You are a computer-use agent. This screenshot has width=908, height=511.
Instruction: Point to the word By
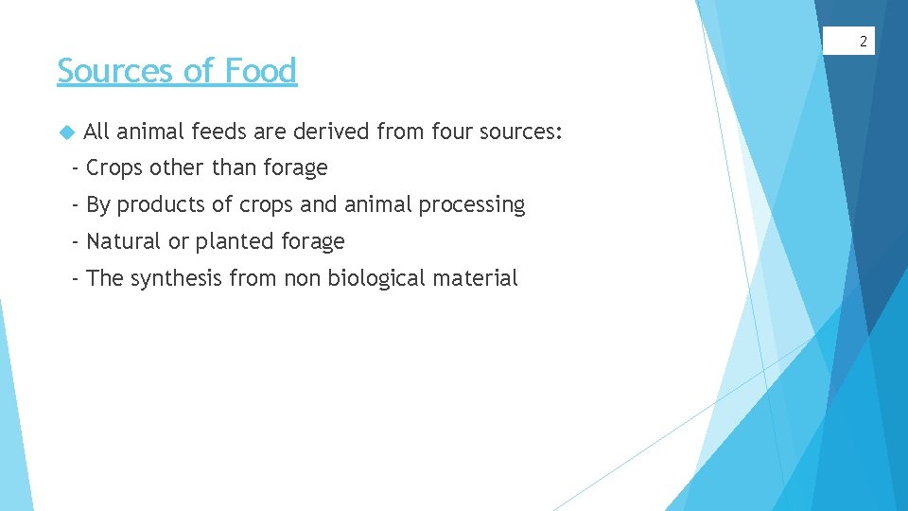pos(98,205)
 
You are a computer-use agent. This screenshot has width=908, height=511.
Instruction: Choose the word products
pos(162,205)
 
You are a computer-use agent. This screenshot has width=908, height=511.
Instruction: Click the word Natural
pos(124,242)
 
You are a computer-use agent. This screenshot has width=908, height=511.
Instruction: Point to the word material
pos(477,279)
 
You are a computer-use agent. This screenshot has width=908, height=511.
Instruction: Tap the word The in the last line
pos(104,279)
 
